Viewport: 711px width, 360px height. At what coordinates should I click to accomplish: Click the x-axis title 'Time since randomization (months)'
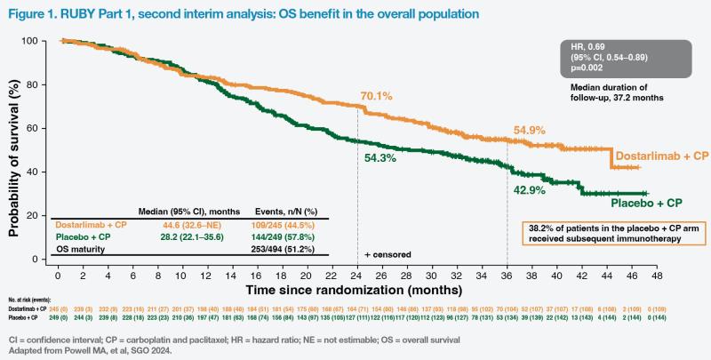(x=355, y=289)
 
